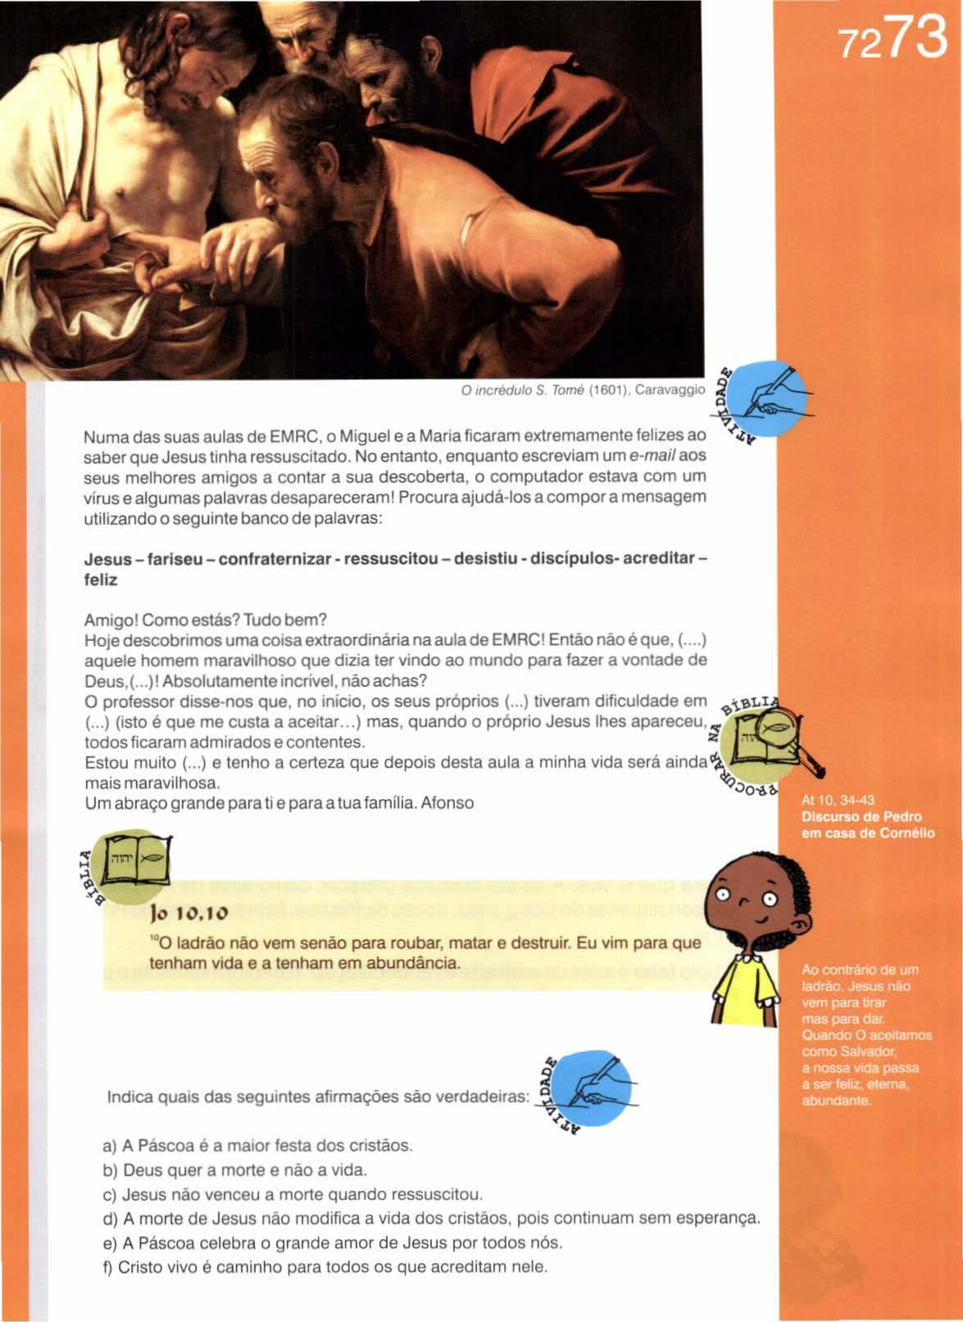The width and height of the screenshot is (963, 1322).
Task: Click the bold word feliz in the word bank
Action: coord(102,579)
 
